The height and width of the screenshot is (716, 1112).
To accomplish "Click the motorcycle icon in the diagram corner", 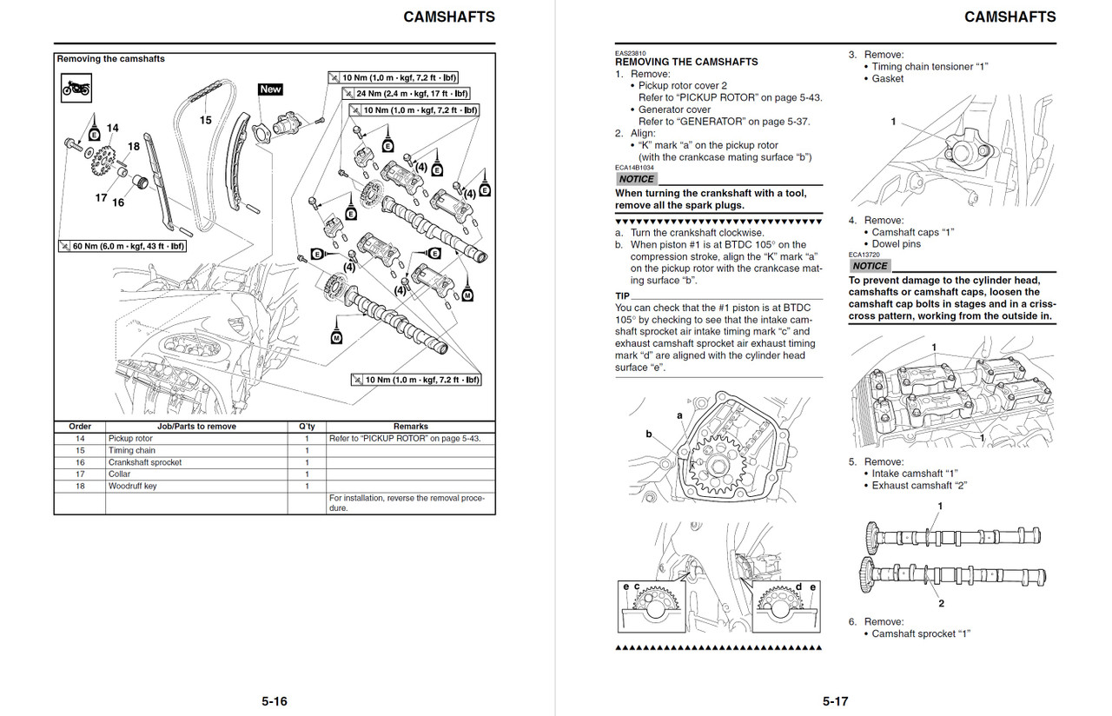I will [x=76, y=88].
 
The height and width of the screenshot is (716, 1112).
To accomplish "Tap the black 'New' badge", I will [x=270, y=89].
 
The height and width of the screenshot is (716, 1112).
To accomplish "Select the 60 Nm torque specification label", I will [x=122, y=247].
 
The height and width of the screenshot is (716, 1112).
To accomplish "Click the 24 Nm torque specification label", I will [x=405, y=94].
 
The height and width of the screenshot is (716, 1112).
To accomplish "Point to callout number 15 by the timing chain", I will [x=206, y=120].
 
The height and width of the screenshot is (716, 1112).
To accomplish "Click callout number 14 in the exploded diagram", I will [x=112, y=129].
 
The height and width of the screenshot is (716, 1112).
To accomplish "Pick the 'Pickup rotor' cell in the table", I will [x=130, y=439].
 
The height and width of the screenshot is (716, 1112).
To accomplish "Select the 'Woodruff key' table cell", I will [x=133, y=486].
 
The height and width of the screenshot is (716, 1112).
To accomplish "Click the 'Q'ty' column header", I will [x=306, y=427].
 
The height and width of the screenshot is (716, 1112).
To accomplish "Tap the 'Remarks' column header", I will [x=410, y=427].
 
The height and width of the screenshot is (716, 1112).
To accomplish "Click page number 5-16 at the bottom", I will [x=275, y=701].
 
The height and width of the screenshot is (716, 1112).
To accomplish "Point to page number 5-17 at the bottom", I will [x=835, y=701].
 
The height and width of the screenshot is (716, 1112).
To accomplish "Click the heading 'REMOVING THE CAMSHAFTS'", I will [x=686, y=62].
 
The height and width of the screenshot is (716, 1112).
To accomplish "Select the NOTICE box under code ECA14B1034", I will [x=636, y=179].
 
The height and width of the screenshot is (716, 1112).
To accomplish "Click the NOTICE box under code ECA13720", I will [x=870, y=266].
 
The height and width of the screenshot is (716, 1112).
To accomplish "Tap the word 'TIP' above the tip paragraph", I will [x=623, y=295].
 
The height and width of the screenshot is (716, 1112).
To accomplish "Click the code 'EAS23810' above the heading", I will [x=630, y=53].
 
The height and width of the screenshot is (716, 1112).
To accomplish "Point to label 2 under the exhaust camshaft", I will [x=941, y=603].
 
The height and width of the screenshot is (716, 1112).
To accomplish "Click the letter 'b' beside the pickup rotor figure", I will [x=648, y=434].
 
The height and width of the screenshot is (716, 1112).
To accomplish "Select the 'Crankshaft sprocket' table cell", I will [x=145, y=462].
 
